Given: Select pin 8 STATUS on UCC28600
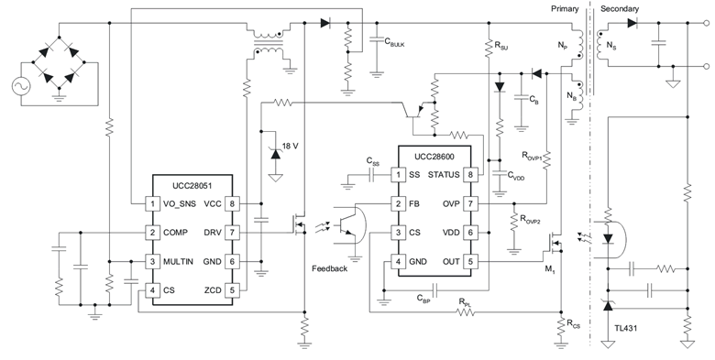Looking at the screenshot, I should click(471, 174).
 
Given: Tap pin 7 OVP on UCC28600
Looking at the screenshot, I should click(471, 203).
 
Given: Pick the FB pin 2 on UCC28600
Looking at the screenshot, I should click(398, 203).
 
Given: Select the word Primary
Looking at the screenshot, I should click(566, 9).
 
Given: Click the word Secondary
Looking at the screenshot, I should click(619, 9).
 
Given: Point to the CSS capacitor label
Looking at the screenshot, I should click(372, 161).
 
